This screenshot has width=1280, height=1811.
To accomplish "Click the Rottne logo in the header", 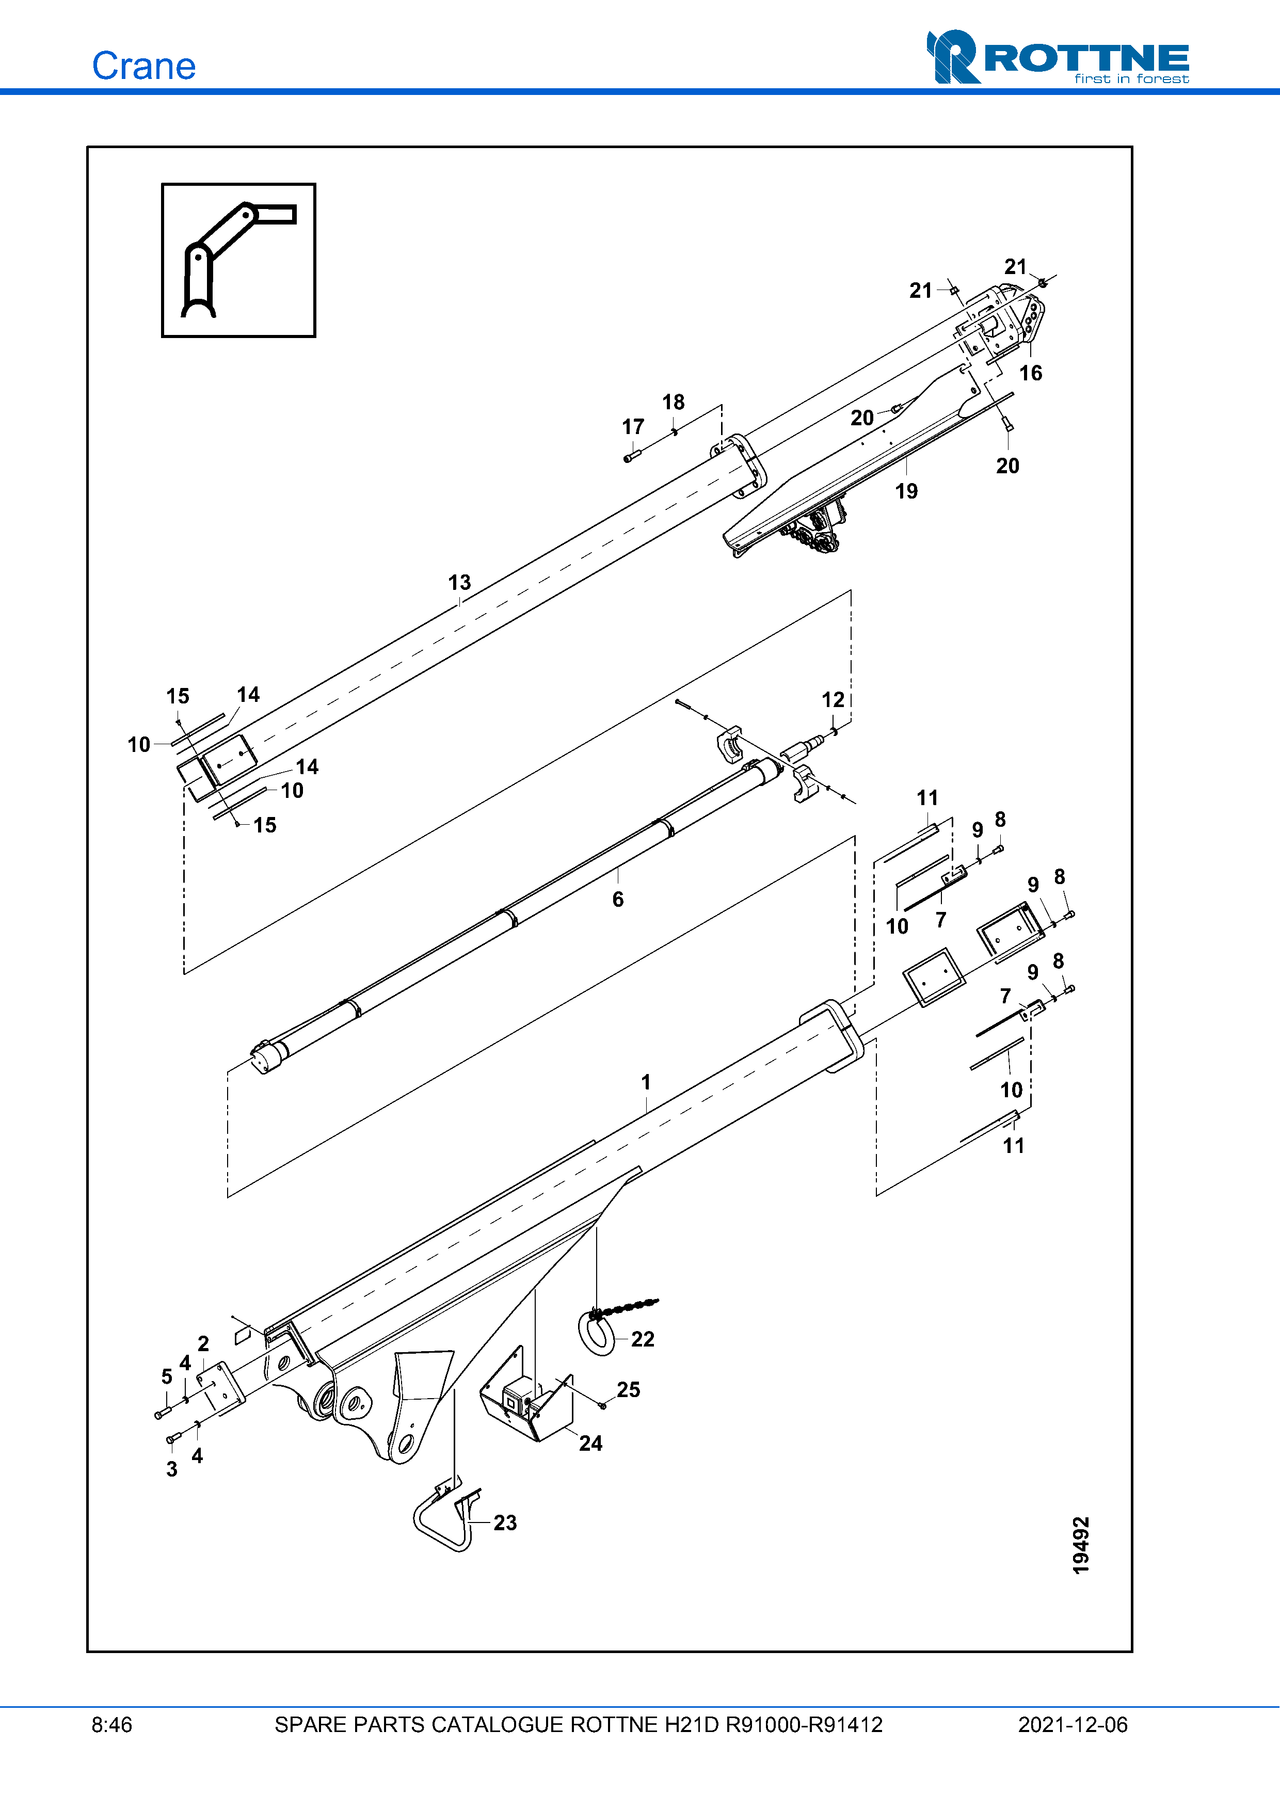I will [1057, 58].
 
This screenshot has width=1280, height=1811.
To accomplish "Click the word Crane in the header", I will [143, 66].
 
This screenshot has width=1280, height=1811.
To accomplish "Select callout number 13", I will [459, 582].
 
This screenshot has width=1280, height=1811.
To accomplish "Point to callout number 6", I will [617, 899].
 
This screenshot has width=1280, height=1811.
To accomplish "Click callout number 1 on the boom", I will [646, 1082].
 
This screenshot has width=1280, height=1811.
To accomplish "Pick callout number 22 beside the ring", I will [643, 1339].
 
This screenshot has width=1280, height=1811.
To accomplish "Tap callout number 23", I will [505, 1522].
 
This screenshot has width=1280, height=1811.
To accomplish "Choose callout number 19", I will [906, 491].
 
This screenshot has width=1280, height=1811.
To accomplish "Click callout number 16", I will [1030, 373].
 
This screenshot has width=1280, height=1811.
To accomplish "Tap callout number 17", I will [632, 427].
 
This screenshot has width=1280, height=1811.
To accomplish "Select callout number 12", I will [833, 700].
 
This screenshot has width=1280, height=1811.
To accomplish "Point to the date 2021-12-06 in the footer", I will [1073, 1725].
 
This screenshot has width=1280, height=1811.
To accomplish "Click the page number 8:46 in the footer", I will [112, 1725].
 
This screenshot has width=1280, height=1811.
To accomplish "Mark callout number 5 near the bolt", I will [166, 1376].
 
